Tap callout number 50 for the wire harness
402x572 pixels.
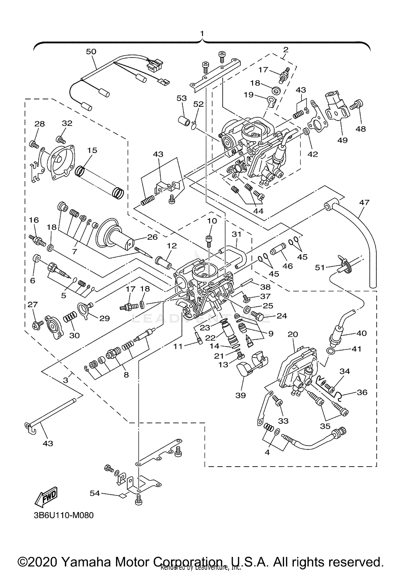pos(91,51)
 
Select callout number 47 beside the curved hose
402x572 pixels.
pos(364,202)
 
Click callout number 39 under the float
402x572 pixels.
pos(240,395)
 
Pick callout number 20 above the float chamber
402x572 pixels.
pos(293,334)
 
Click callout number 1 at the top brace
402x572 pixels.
pos(202,33)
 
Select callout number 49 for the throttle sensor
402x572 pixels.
pos(342,140)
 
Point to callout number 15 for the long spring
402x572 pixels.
pos(92,150)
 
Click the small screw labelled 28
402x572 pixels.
pos(33,144)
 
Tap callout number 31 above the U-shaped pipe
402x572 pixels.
pos(237,234)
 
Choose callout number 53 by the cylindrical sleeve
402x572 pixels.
pos(181,98)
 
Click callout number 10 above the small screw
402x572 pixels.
pos(212,221)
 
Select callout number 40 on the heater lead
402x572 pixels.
pos(361,333)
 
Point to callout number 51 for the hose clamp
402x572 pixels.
pos(320,267)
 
